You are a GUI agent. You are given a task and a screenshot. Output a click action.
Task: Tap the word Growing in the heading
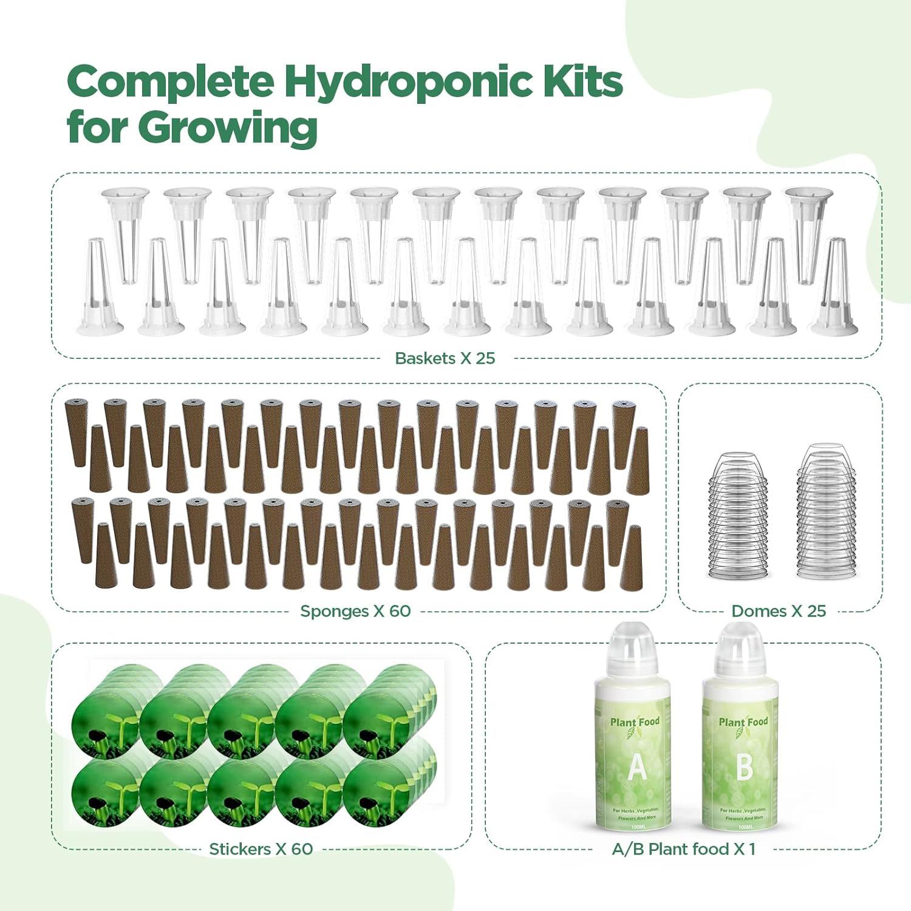pyautogui.click(x=227, y=128)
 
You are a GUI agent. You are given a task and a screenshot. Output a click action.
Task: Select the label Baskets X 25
pyautogui.click(x=445, y=358)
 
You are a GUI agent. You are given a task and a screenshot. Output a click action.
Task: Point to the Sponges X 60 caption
pyautogui.click(x=355, y=611)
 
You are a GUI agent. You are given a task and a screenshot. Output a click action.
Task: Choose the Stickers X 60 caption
pyautogui.click(x=261, y=849)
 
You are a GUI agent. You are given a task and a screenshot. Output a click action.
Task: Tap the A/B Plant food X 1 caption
pyautogui.click(x=683, y=849)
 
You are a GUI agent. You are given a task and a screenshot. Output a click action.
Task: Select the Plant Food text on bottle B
pyautogui.click(x=743, y=722)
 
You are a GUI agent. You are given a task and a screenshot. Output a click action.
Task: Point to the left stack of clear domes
pyautogui.click(x=737, y=516)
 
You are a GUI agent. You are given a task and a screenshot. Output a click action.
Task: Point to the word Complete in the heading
pyautogui.click(x=170, y=83)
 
